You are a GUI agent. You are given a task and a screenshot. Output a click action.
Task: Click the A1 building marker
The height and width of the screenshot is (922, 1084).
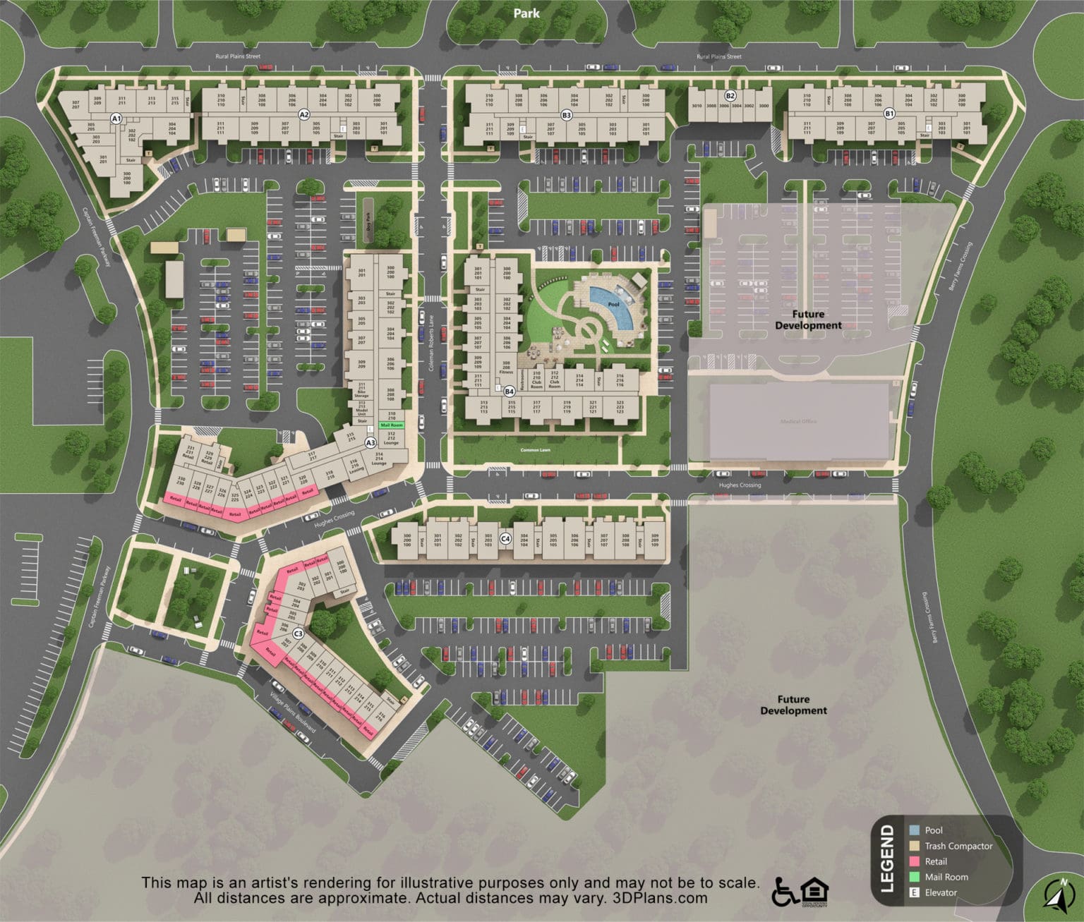[x=116, y=119]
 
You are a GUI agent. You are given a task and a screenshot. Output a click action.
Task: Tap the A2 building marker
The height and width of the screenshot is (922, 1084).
[x=304, y=114]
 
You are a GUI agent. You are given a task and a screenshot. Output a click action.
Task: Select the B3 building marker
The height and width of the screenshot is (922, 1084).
[x=566, y=114]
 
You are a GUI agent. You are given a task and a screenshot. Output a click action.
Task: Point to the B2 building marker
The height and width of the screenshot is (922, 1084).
[x=730, y=96]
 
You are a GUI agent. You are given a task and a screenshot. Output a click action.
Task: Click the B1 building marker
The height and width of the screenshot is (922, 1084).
[x=889, y=114]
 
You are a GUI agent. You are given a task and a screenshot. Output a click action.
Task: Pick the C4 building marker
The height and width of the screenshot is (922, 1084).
[x=505, y=539]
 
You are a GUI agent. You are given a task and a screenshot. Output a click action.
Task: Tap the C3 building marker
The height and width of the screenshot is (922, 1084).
[x=298, y=633]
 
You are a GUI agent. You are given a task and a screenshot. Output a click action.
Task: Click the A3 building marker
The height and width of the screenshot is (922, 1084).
[x=370, y=443]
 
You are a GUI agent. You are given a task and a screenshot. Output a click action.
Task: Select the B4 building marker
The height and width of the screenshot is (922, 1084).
[x=510, y=391]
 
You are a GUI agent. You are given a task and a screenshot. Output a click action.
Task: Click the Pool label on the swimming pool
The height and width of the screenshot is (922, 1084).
[x=613, y=305]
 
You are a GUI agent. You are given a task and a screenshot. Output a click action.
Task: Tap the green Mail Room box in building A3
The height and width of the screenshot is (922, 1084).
[x=391, y=425]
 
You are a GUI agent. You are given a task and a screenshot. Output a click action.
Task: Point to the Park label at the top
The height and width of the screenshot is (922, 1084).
[x=526, y=13]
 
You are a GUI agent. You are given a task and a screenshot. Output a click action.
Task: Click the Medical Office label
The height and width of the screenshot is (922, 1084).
[x=798, y=422]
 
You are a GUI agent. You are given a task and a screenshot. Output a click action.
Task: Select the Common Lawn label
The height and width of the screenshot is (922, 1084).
[x=536, y=450]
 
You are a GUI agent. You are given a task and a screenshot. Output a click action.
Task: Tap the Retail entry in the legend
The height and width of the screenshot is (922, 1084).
[x=936, y=861]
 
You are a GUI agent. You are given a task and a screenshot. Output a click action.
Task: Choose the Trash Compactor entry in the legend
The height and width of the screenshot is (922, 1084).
[x=958, y=846]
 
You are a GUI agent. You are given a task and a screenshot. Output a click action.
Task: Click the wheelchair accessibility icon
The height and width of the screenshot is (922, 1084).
[x=785, y=892]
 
